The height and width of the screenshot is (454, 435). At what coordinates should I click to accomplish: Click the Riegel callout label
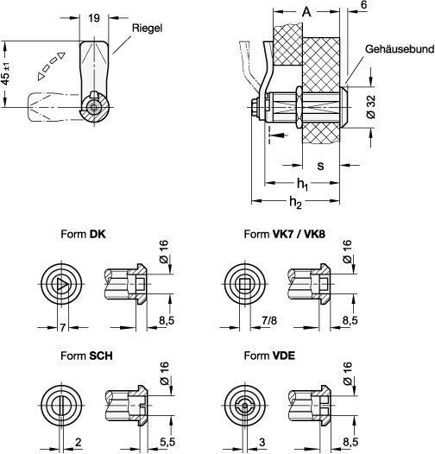point(147,28)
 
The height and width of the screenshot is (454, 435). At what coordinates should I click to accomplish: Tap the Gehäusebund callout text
point(400,49)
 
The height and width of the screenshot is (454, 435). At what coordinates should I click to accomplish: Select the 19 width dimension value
point(94,18)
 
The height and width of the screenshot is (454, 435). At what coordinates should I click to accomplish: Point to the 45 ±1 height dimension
point(6,74)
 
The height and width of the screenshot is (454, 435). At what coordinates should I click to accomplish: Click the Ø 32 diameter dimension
point(371,106)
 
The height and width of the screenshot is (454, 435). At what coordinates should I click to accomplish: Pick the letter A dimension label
point(306,12)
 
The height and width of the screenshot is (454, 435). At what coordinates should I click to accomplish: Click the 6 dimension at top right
point(364,5)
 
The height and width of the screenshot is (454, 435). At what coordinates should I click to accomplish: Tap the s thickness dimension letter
point(320,166)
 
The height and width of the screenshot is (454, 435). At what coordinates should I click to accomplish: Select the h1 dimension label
point(302,184)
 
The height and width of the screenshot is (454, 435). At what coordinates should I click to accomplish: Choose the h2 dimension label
point(295,202)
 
